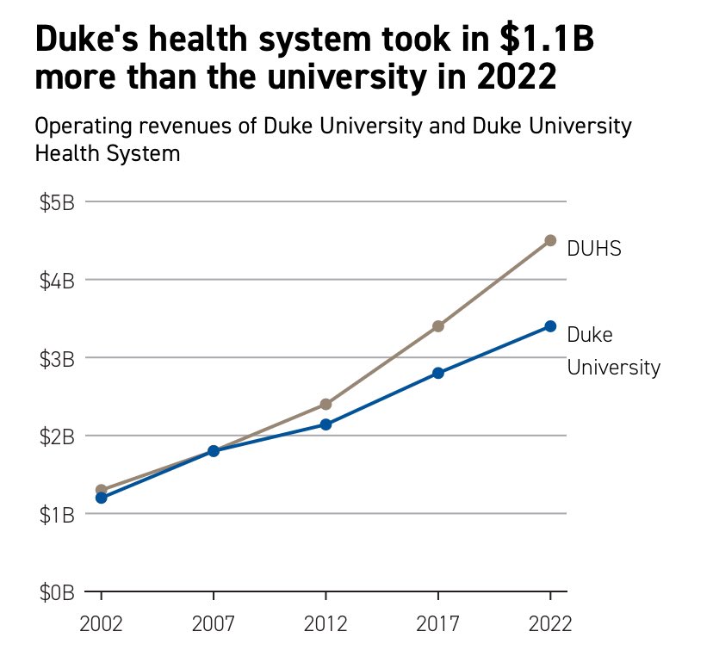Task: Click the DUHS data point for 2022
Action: (550, 240)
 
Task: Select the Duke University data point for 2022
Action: (550, 326)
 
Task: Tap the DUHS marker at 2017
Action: (438, 326)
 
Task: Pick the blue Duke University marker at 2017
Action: (438, 373)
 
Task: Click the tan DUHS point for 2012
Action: (325, 404)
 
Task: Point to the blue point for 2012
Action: (325, 424)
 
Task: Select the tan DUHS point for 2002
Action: (102, 490)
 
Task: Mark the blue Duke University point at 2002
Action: (102, 498)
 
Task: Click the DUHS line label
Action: (594, 249)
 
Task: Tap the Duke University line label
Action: (613, 351)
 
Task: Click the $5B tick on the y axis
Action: (57, 202)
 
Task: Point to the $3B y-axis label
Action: (57, 358)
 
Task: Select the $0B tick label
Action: (57, 592)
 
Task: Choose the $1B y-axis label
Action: (57, 514)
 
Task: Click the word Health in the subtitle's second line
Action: (64, 154)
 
